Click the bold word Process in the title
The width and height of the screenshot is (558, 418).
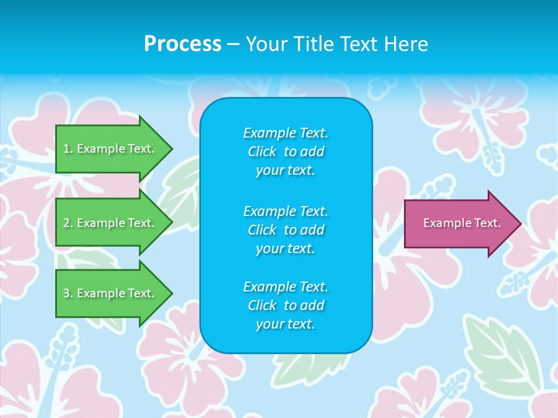[x=183, y=44]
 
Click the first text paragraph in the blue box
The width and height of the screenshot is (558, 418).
[x=285, y=152]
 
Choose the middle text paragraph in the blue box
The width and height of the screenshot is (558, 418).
[x=285, y=229]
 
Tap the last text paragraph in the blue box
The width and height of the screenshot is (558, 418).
[x=285, y=305]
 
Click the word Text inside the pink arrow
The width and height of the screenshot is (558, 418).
[x=489, y=223]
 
